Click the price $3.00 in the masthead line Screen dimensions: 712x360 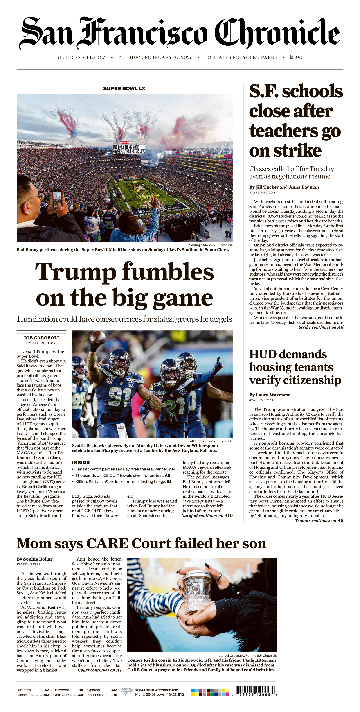coord(296,57)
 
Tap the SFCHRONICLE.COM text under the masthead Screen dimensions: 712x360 coord(81,57)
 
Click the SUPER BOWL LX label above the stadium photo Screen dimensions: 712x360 coord(124,88)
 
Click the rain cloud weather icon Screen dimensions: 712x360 coord(127,691)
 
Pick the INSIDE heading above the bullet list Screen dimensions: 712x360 coord(81,462)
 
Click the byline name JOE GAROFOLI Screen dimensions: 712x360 coord(41,338)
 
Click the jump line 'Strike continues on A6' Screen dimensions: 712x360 coord(320,327)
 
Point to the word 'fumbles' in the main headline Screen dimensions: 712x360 coord(168,272)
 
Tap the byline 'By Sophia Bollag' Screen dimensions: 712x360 coord(34,559)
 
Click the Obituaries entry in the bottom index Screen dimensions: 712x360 coord(68,695)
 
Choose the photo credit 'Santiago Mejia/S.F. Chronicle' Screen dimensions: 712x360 coord(211,245)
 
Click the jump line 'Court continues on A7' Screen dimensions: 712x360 coord(100,670)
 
